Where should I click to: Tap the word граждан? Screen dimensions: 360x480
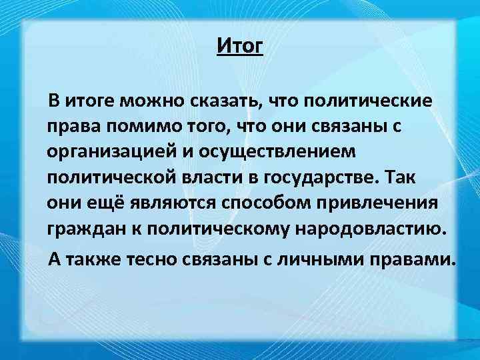tap(79, 229)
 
